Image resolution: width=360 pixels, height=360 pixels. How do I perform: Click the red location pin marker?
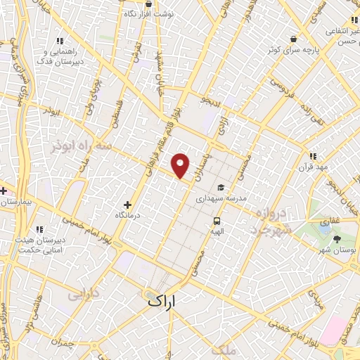point(181,165)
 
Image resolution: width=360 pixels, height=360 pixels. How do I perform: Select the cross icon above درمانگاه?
point(127,204)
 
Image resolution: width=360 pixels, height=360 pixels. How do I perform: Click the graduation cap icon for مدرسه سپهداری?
point(221,188)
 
